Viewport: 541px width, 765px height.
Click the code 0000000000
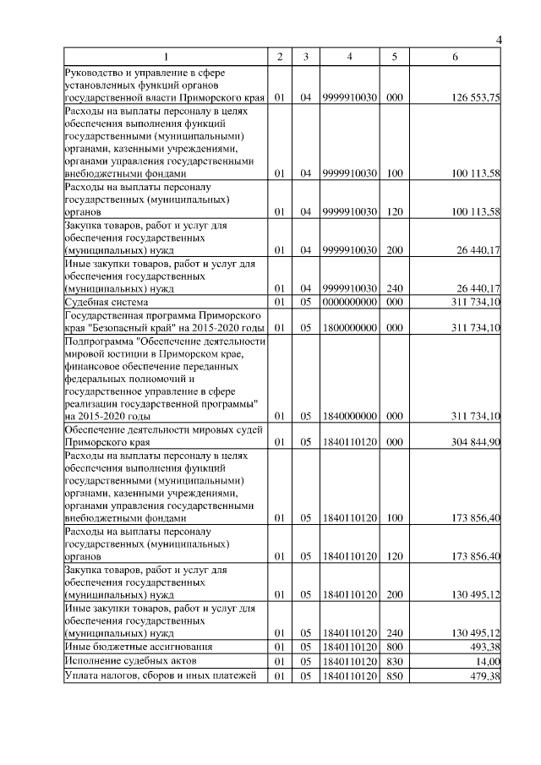(x=349, y=302)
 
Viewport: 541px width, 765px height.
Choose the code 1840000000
(x=349, y=416)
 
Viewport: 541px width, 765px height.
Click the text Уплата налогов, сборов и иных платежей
(x=160, y=675)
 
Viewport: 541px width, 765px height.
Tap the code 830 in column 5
(x=394, y=661)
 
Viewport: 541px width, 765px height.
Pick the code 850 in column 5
(x=394, y=675)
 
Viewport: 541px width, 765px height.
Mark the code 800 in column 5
(x=394, y=647)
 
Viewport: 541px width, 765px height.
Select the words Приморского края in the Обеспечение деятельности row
(x=105, y=441)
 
